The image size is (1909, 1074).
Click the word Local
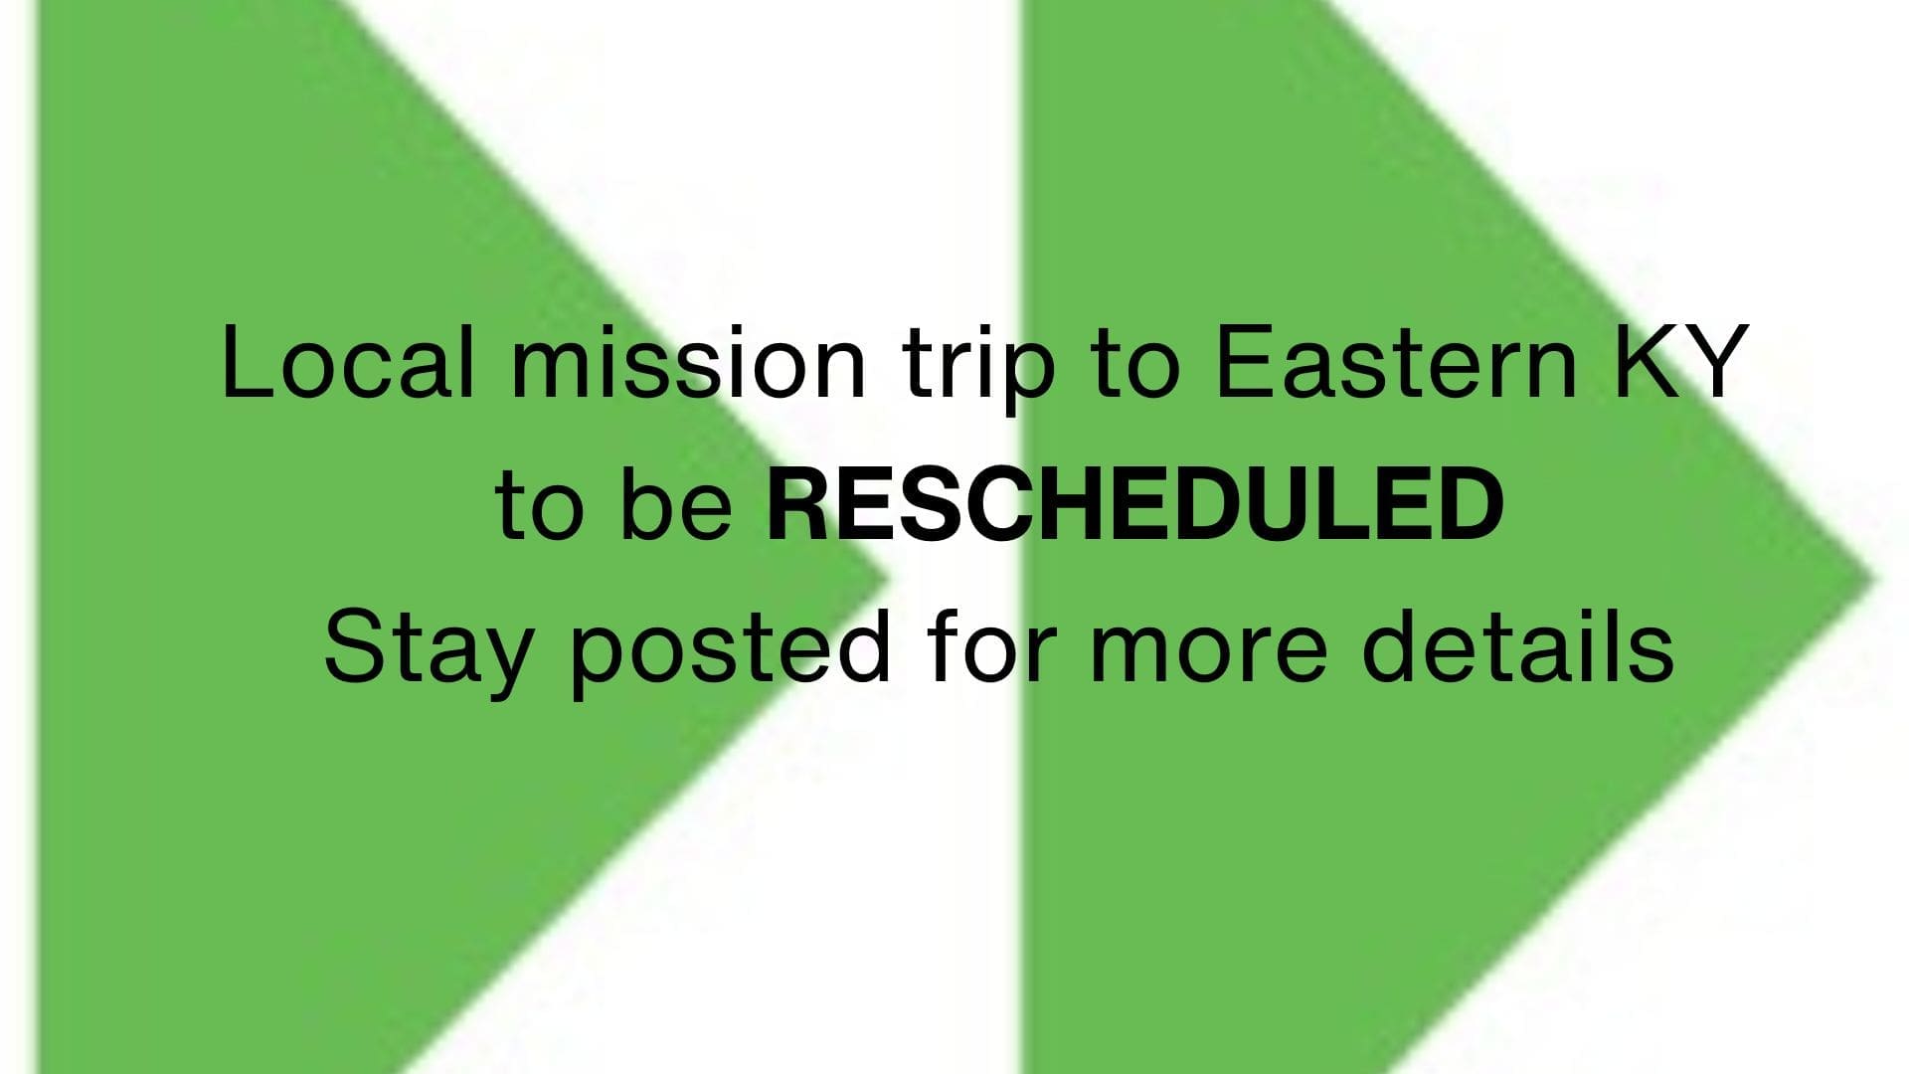pyautogui.click(x=347, y=362)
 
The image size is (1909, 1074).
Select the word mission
pyautogui.click(x=688, y=362)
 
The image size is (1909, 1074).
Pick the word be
pyautogui.click(x=676, y=505)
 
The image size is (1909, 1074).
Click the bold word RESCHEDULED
pyautogui.click(x=1135, y=504)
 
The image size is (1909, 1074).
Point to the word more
pyautogui.click(x=1208, y=656)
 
